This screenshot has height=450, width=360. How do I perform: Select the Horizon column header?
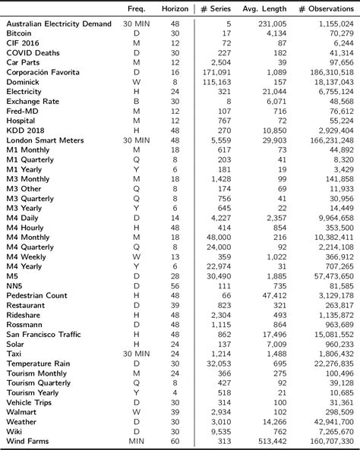click(x=176, y=8)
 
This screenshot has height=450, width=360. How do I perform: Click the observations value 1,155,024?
click(x=332, y=24)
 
